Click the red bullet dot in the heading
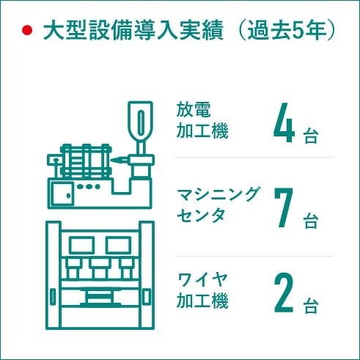point(27,31)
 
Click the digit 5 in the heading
point(297,32)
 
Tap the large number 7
point(284,207)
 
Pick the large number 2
point(284,293)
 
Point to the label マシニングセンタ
point(217,205)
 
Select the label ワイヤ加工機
point(202,290)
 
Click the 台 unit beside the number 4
point(311,136)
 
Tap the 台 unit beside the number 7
point(311,221)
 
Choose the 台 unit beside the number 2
point(311,306)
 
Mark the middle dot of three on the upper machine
point(89,186)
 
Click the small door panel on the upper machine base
point(62,194)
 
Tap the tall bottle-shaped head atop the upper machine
point(141,122)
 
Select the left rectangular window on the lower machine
point(81,245)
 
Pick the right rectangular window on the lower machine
point(118,245)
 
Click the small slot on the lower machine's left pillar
point(53,296)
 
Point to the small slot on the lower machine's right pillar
point(147,296)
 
